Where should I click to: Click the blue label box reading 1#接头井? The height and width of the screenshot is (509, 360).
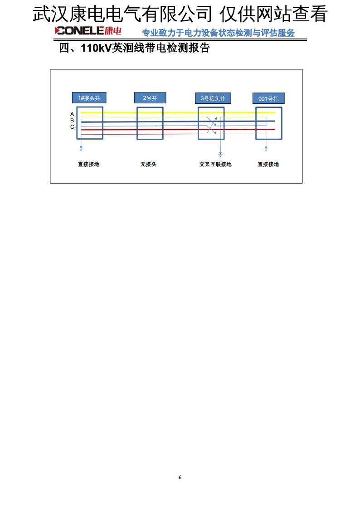[x=89, y=98]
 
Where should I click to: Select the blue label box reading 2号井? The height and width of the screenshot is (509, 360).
[x=150, y=98]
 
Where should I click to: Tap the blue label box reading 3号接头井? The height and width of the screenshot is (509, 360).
[x=213, y=98]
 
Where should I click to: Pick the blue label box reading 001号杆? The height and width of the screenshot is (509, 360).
[x=268, y=99]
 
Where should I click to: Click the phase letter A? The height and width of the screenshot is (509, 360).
[x=72, y=114]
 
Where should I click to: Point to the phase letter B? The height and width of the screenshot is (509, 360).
[x=72, y=121]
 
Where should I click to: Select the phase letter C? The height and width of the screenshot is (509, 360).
[x=72, y=127]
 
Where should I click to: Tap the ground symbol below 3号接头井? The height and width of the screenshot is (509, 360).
[x=220, y=155]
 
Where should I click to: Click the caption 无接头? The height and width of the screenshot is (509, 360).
[x=148, y=164]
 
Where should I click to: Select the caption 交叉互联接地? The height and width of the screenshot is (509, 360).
[x=215, y=164]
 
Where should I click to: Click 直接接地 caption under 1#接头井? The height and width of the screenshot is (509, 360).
[x=88, y=164]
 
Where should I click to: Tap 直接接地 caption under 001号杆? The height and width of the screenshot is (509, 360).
[x=268, y=164]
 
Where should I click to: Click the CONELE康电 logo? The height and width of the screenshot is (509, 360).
[x=88, y=31]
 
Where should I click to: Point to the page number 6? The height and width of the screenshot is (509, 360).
[x=180, y=477]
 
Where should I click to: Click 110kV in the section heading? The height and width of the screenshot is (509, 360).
[x=96, y=48]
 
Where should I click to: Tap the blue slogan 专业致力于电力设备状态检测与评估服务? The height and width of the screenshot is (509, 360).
[x=218, y=33]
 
